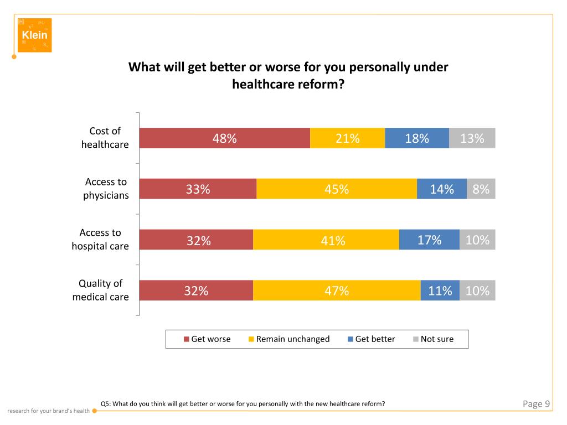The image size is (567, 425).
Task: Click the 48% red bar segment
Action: tap(224, 138)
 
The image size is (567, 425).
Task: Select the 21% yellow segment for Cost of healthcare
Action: tap(347, 138)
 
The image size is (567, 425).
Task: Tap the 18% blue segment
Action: tap(417, 138)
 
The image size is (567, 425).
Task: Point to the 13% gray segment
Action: tap(472, 138)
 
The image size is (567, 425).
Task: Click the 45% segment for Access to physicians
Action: tap(337, 189)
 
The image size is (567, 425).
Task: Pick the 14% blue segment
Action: tap(442, 189)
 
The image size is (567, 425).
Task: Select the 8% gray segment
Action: tap(481, 189)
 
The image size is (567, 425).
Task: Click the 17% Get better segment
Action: tap(429, 240)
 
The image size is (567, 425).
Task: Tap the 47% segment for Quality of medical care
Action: tap(337, 291)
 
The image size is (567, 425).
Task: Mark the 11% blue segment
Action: tap(440, 291)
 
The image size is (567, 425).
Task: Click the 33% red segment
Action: tap(198, 189)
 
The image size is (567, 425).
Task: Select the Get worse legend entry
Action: tap(207, 339)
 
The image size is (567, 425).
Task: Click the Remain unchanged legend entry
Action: tap(289, 339)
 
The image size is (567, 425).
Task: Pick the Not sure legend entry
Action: tap(433, 339)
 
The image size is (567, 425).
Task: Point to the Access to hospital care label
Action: tap(100, 239)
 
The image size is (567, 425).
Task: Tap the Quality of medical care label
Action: tap(100, 290)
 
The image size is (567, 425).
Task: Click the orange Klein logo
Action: tap(34, 35)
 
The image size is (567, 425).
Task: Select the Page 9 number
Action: tap(536, 404)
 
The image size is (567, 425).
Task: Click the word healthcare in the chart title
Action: tap(261, 85)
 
